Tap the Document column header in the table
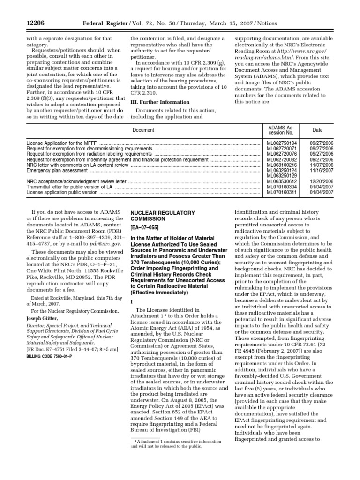click(143, 130)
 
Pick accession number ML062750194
click(282, 143)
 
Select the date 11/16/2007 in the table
click(322, 171)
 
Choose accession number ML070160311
click(282, 192)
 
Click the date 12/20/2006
click(322, 181)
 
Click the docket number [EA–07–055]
click(146, 228)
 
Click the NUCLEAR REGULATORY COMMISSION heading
click(156, 216)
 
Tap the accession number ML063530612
click(282, 181)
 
